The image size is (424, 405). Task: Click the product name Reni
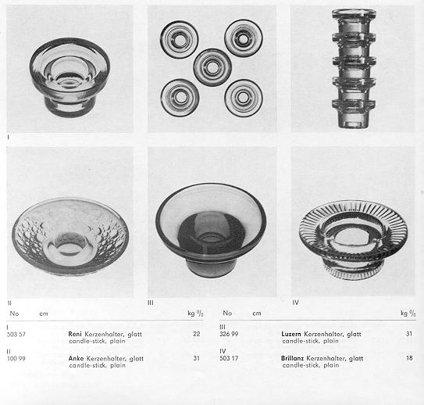[75, 334]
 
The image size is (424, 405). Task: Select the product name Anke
[76, 358]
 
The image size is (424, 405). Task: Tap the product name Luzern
[291, 334]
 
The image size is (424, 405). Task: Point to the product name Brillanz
[292, 358]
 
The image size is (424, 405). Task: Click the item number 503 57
[16, 335]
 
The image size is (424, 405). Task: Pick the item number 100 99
[16, 359]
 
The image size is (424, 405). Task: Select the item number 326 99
[229, 334]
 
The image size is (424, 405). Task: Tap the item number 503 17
[229, 358]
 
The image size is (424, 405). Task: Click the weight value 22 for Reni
[197, 334]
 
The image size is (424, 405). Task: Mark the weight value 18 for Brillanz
[409, 358]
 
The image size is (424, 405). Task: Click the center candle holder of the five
[212, 67]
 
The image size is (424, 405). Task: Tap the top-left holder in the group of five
[179, 40]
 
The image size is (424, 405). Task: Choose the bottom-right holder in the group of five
[244, 98]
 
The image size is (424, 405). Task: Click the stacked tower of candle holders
[354, 68]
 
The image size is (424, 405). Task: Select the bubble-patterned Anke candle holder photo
[69, 236]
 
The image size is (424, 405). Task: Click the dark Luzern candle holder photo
[211, 230]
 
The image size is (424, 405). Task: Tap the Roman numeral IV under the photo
[296, 303]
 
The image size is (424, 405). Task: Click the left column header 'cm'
[44, 314]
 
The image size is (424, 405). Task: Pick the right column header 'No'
[227, 313]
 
